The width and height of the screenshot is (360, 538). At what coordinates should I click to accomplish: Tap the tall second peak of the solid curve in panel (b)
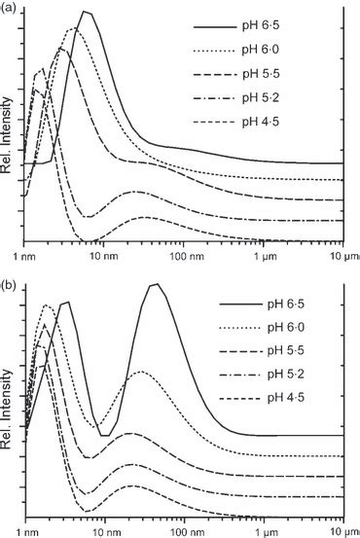154,285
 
